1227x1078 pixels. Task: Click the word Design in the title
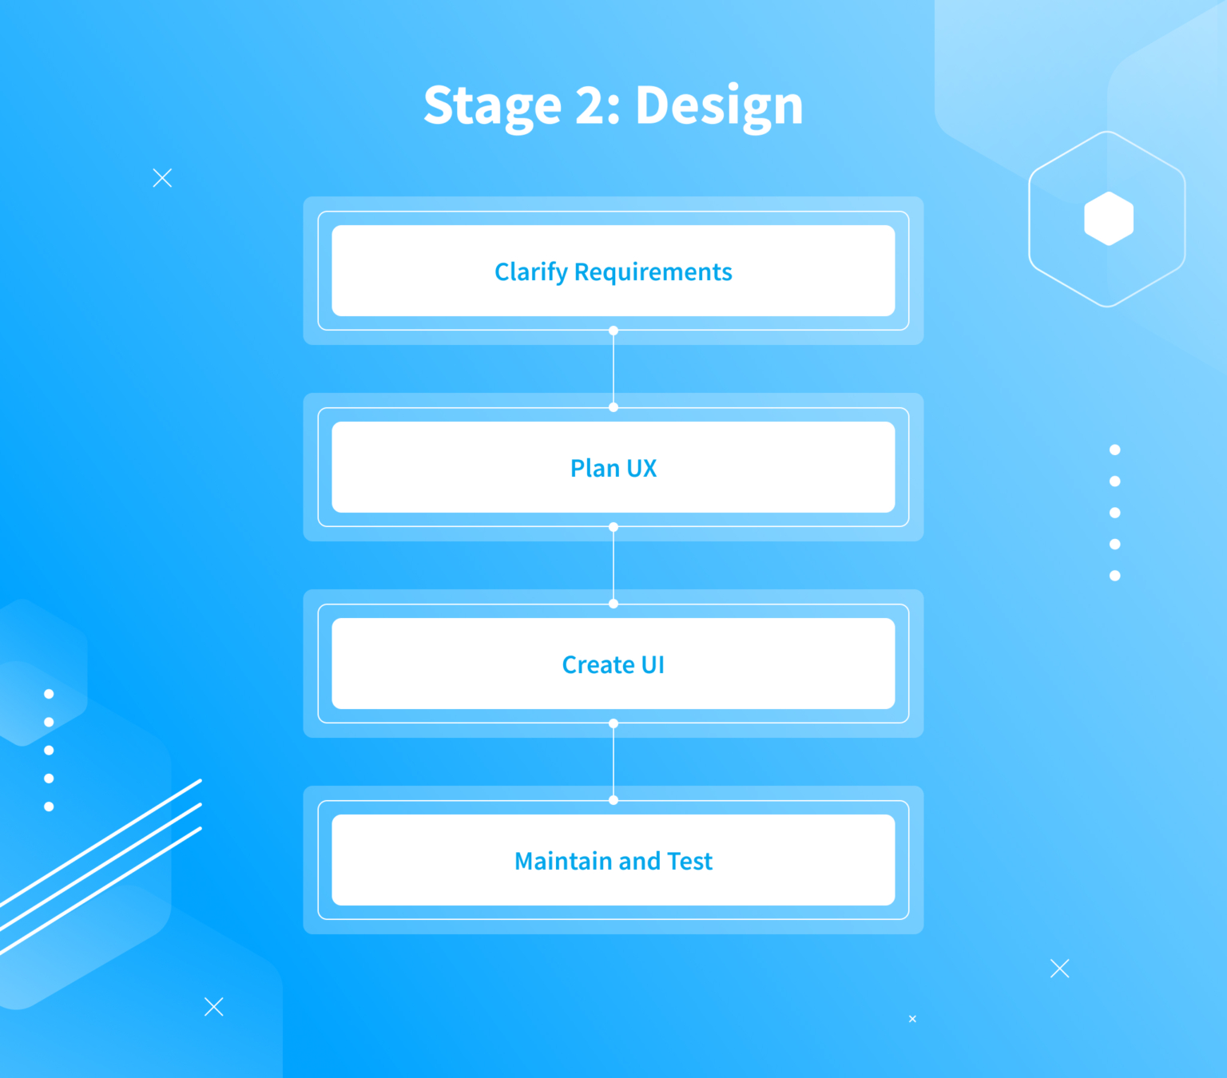719,106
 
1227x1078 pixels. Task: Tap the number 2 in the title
592,105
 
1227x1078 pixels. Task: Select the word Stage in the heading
493,107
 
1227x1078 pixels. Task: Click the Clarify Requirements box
613,271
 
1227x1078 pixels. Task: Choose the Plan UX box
613,466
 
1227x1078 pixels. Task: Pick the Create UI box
613,664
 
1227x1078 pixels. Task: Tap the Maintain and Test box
613,860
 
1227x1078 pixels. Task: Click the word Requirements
653,272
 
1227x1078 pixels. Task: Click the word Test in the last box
689,861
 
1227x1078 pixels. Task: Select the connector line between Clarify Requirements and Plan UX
613,369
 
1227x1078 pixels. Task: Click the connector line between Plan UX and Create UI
613,565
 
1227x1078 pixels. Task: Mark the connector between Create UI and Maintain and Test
613,762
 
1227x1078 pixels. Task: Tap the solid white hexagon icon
1109,219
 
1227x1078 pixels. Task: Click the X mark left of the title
162,178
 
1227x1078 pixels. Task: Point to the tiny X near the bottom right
913,1019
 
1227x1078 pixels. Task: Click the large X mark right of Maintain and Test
1060,969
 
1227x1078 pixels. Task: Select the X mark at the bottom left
214,1007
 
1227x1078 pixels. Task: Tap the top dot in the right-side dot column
1115,450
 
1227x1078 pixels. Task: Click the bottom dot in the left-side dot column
49,807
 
